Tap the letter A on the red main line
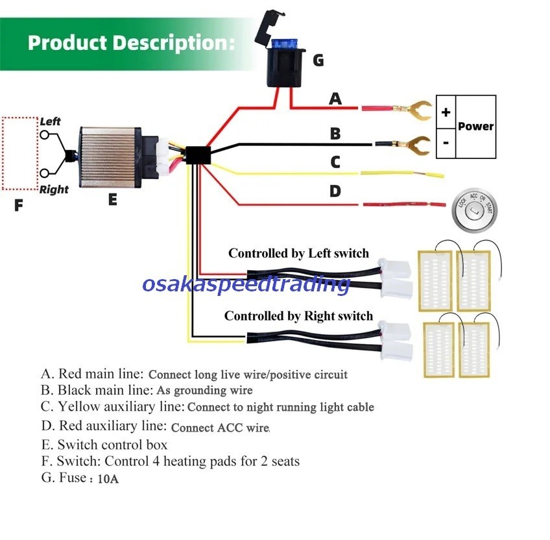[335, 99]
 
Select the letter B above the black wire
[335, 134]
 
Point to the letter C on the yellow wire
[335, 162]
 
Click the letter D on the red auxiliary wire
[335, 191]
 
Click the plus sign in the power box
[446, 112]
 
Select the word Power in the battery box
[475, 127]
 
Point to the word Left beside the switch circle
[51, 121]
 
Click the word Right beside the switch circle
[54, 190]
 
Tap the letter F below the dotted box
[18, 206]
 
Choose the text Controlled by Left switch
[298, 253]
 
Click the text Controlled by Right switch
[298, 316]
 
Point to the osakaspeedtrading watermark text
[246, 284]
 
